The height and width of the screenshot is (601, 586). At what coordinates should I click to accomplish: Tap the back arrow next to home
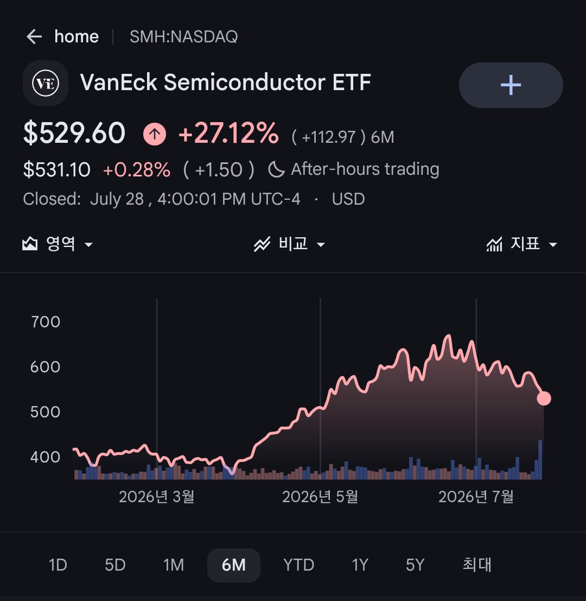coord(34,37)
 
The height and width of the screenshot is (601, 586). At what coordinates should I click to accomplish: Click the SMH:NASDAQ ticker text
coord(184,37)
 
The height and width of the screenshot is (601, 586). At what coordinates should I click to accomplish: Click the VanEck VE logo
coord(46,83)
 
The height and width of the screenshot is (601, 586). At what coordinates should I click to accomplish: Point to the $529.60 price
coord(74,133)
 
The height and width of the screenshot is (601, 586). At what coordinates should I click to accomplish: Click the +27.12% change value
coord(228,133)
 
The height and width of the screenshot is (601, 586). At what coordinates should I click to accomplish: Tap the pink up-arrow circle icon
coord(154,134)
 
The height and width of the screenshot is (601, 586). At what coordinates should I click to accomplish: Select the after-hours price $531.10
coord(56,169)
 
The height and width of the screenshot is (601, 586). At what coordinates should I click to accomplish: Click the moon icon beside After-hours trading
coord(276,169)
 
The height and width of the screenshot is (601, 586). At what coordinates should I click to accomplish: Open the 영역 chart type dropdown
coord(58,244)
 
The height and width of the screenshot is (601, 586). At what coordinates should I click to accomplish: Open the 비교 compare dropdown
coord(290,244)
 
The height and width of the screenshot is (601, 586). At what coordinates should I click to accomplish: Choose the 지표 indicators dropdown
coord(522,244)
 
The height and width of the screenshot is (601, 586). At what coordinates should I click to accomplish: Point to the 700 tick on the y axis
coord(46,322)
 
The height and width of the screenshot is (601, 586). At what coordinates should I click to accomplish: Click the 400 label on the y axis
coord(45,457)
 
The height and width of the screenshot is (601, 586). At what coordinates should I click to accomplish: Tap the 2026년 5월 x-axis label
coord(320,497)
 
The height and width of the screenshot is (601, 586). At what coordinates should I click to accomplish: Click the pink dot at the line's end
coord(544,398)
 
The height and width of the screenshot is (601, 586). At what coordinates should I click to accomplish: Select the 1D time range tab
coord(58,565)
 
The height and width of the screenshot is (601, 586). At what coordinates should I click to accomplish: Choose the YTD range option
coord(299,565)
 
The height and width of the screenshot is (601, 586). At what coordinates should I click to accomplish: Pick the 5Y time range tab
coord(415,565)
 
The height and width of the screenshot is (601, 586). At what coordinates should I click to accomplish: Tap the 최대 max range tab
coord(477,565)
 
